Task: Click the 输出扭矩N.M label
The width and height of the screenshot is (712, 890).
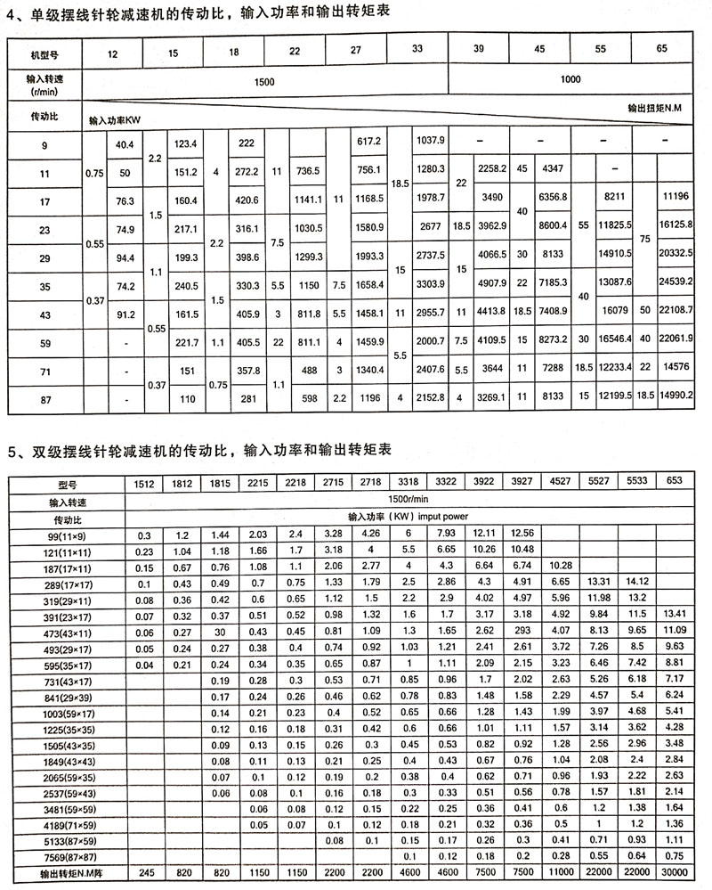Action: click(x=656, y=109)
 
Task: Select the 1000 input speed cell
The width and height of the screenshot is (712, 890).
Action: click(x=570, y=79)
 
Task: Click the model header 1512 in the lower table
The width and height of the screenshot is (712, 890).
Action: click(x=144, y=484)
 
